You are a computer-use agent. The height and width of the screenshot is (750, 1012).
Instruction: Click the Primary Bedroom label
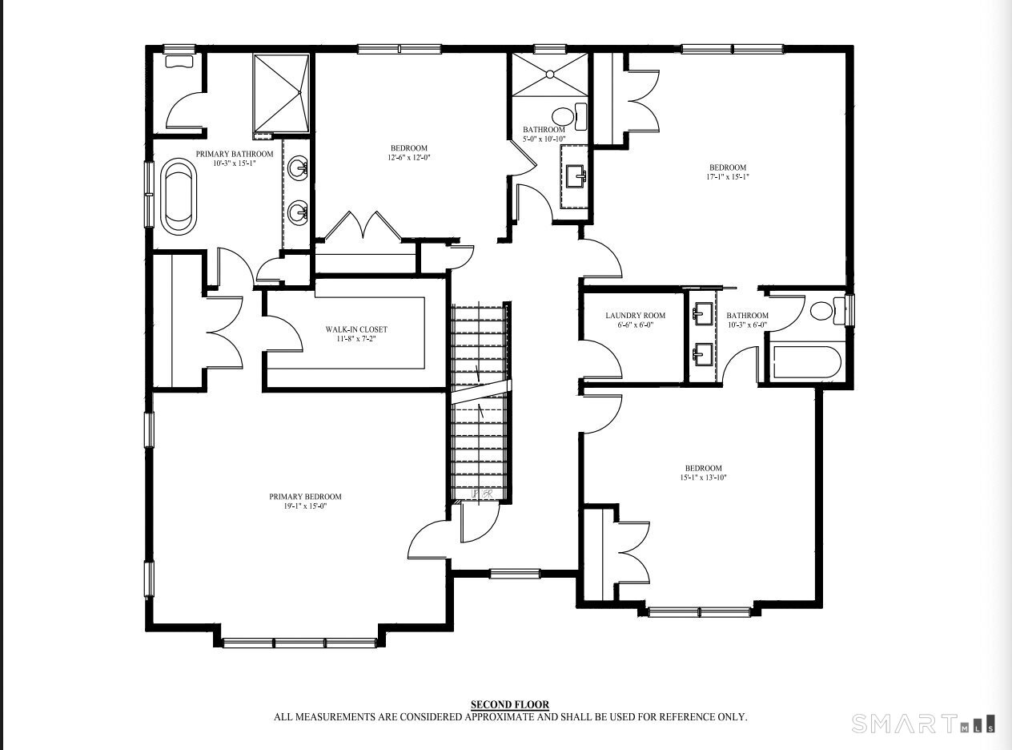pyautogui.click(x=305, y=497)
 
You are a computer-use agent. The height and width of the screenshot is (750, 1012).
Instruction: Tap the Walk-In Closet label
pyautogui.click(x=356, y=329)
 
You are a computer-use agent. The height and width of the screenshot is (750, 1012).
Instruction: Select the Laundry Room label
pyautogui.click(x=635, y=315)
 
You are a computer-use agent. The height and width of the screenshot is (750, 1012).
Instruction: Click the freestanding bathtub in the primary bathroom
pyautogui.click(x=179, y=196)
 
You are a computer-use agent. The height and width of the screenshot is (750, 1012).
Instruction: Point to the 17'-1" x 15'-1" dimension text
pyautogui.click(x=728, y=177)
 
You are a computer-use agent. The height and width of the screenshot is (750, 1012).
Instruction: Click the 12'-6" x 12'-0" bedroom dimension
pyautogui.click(x=409, y=158)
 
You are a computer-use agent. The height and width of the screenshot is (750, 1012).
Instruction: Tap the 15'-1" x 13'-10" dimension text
pyautogui.click(x=703, y=478)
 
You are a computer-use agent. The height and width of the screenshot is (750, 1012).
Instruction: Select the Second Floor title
pyautogui.click(x=510, y=705)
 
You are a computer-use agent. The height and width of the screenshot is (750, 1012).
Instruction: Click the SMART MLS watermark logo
pyautogui.click(x=923, y=724)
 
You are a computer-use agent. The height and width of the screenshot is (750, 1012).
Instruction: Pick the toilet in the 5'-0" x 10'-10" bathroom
pyautogui.click(x=569, y=117)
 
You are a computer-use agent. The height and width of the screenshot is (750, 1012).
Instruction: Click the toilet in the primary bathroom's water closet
pyautogui.click(x=179, y=62)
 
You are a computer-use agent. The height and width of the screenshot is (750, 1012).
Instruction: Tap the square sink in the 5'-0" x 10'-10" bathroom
pyautogui.click(x=576, y=176)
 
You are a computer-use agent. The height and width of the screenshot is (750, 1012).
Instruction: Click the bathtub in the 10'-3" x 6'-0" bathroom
pyautogui.click(x=807, y=362)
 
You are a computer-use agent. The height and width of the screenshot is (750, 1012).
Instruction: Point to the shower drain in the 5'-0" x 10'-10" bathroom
pyautogui.click(x=550, y=74)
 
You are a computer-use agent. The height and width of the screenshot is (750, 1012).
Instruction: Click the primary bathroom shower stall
pyautogui.click(x=282, y=94)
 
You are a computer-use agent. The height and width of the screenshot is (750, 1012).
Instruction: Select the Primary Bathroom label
pyautogui.click(x=235, y=154)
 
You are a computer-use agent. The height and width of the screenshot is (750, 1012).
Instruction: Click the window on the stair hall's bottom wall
pyautogui.click(x=515, y=574)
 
